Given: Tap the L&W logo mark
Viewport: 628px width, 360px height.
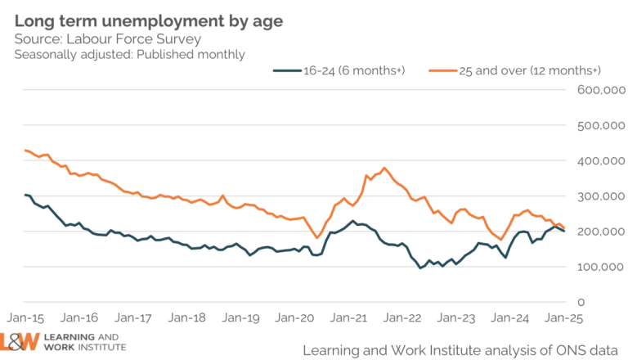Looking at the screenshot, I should (25, 341).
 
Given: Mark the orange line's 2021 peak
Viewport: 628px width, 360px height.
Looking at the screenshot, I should (384, 169).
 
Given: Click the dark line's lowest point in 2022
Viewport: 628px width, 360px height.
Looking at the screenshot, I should (420, 268).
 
